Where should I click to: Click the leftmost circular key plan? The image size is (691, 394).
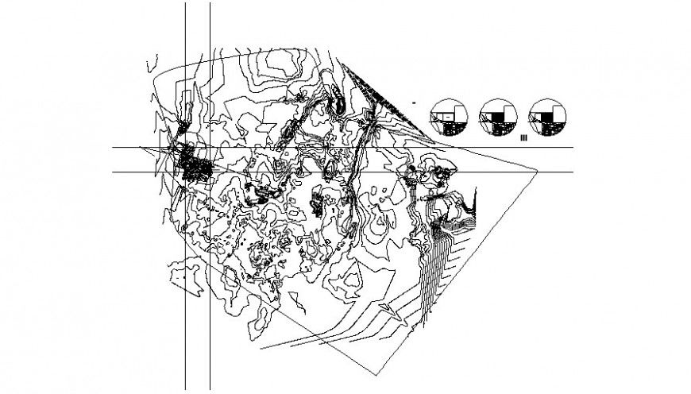[449, 119]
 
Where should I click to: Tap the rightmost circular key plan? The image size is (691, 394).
[549, 119]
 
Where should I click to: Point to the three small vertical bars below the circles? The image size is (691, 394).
[523, 138]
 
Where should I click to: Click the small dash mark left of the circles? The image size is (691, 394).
[415, 102]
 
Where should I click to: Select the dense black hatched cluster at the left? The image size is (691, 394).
[194, 164]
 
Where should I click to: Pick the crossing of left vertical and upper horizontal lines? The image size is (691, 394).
[185, 148]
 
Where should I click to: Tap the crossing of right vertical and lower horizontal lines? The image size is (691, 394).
[210, 172]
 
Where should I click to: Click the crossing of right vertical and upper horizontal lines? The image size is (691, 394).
[210, 148]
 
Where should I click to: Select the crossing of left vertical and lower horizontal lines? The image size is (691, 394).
[185, 172]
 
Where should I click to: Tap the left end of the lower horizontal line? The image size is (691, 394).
[112, 172]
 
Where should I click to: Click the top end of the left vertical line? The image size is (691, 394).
[185, 3]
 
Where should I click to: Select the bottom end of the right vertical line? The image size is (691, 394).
[210, 389]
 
